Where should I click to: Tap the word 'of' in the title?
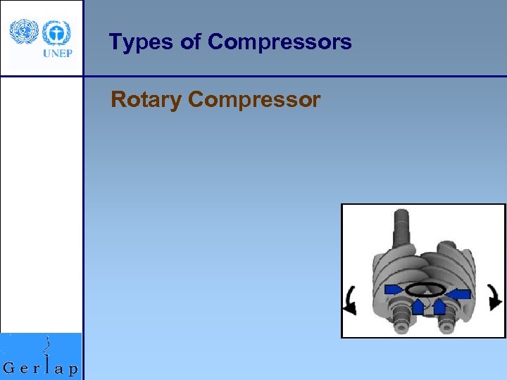pos(191,42)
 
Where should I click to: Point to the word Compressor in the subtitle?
pos(254,100)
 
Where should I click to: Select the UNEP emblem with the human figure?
pos(56,32)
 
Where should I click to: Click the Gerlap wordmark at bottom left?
pos(41,368)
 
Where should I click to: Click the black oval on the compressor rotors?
pos(425,289)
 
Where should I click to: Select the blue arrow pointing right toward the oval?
pos(394,289)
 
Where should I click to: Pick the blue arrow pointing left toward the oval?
pos(458,293)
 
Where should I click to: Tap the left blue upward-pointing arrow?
pos(418,306)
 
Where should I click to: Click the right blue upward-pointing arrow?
pos(439,306)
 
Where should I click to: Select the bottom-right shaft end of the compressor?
pos(447,323)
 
